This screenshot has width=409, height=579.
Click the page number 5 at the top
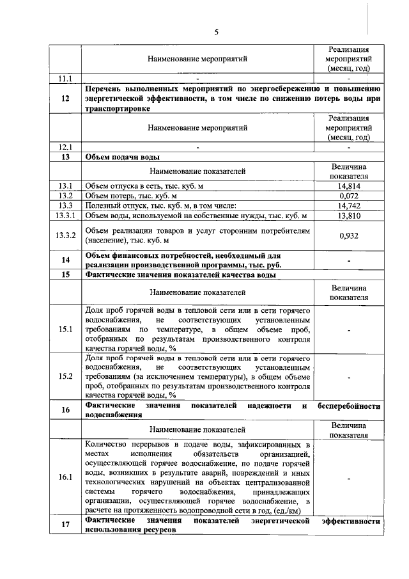pos(216,32)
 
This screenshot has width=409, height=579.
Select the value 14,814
pos(349,186)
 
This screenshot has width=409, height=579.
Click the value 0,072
pos(349,196)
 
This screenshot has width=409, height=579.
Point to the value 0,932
pos(349,235)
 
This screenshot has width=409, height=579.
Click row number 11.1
pos(65,79)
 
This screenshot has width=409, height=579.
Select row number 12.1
pos(65,147)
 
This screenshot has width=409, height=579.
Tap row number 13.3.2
pos(65,235)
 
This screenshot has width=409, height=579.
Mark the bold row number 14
pos(65,260)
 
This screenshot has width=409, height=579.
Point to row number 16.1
pos(65,477)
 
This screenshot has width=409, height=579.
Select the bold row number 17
pos(65,525)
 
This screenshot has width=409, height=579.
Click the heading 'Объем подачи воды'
pos(122,156)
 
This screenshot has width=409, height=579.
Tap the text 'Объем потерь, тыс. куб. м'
pos(132,196)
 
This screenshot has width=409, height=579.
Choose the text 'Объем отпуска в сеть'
pos(121,186)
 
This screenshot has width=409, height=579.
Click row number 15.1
pos(65,329)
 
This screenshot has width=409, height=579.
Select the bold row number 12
pos(65,99)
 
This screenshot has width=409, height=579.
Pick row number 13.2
pos(65,196)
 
